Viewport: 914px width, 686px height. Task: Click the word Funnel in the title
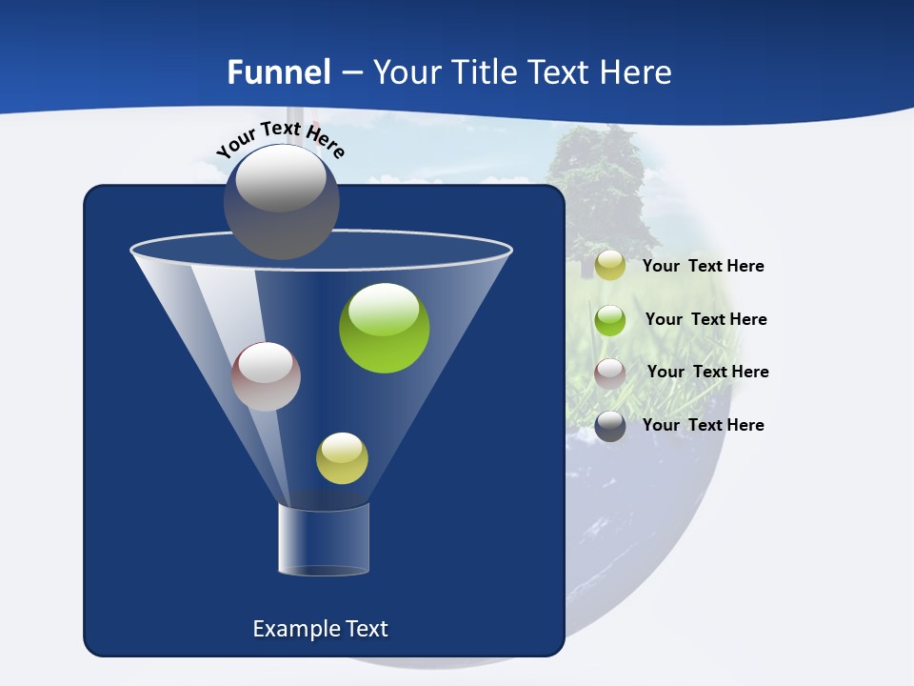279,72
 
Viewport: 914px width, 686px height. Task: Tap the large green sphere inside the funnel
385,328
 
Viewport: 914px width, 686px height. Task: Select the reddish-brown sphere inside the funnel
266,376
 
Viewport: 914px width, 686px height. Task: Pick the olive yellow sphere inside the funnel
342,458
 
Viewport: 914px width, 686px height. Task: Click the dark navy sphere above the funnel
282,202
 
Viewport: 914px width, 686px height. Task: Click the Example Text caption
320,629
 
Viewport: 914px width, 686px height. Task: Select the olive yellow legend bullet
610,266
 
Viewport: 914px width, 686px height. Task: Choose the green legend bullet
610,320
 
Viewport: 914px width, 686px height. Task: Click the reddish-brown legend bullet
610,373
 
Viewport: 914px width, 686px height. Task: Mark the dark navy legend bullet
610,426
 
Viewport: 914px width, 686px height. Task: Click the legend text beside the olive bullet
703,267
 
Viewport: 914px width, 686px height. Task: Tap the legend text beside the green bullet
705,320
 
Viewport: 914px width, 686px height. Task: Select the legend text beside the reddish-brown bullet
707,373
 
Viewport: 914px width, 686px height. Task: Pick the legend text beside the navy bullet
703,426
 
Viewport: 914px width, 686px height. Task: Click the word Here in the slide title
637,72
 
